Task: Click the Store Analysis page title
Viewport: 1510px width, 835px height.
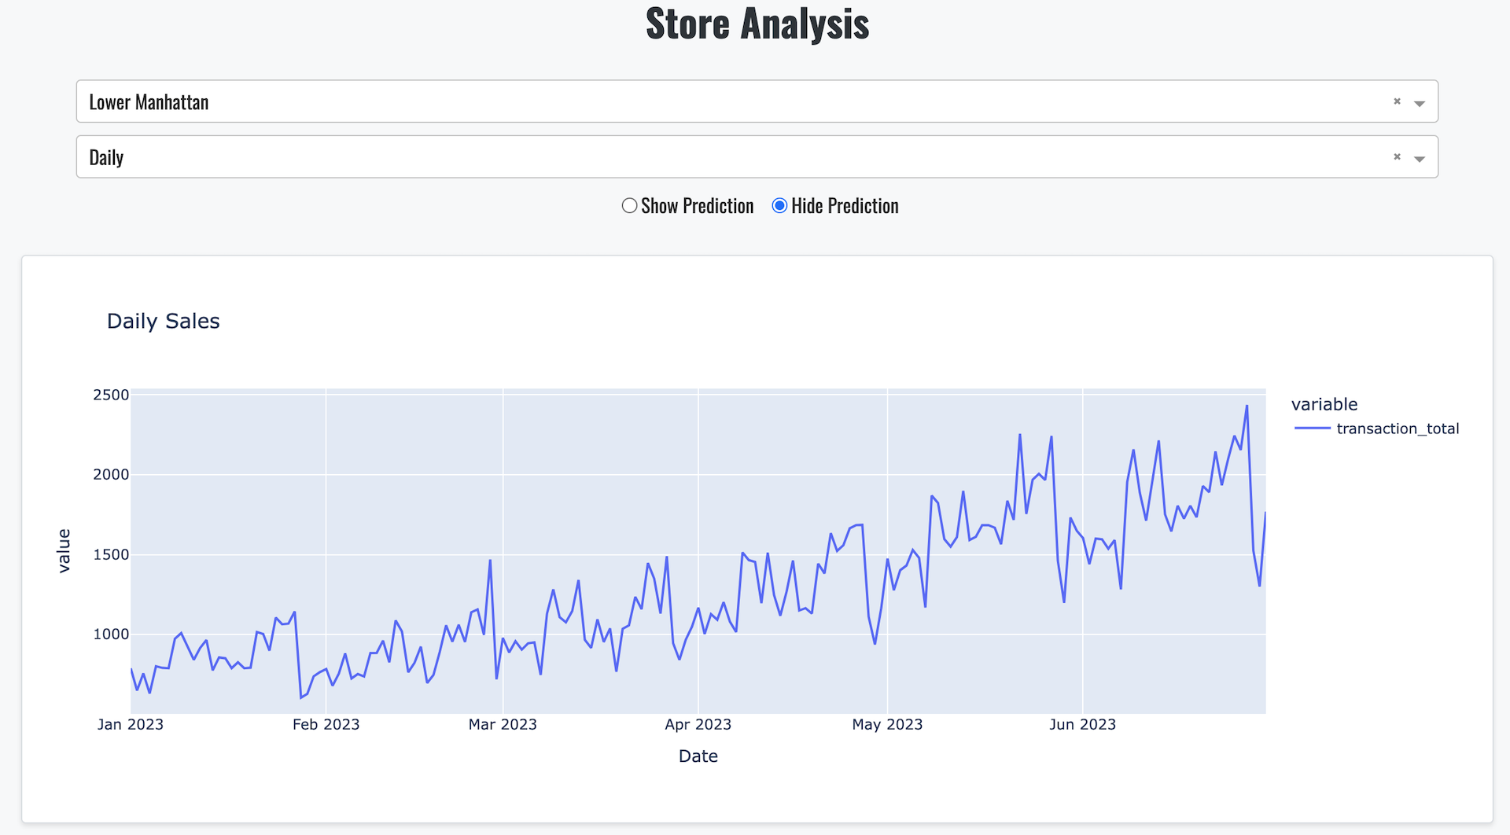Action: point(757,24)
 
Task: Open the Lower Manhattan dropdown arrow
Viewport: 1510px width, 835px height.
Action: point(1420,103)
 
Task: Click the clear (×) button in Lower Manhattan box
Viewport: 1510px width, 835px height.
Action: point(1398,101)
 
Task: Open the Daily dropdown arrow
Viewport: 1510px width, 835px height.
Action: point(1420,159)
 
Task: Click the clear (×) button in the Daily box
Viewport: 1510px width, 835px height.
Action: point(1398,157)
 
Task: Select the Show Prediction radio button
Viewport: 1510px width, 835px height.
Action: point(629,205)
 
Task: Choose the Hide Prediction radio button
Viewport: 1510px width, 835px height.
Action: point(779,205)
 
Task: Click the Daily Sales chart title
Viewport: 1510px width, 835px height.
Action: point(164,321)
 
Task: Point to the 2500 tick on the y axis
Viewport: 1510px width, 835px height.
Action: point(111,395)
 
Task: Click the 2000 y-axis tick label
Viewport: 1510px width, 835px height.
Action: point(111,474)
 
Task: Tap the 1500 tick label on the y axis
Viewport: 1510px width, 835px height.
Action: point(111,554)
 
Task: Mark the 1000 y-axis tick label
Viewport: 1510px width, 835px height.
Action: point(111,634)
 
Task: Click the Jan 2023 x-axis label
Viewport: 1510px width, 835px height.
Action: point(131,724)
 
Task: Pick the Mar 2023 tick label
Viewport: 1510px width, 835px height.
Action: point(503,724)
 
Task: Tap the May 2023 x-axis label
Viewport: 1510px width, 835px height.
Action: point(887,724)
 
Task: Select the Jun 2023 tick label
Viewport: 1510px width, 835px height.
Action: point(1082,724)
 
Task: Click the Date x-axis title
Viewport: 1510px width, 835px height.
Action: point(698,756)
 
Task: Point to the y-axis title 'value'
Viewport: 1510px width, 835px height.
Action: point(64,550)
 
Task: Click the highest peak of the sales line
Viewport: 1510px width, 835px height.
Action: point(1247,406)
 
